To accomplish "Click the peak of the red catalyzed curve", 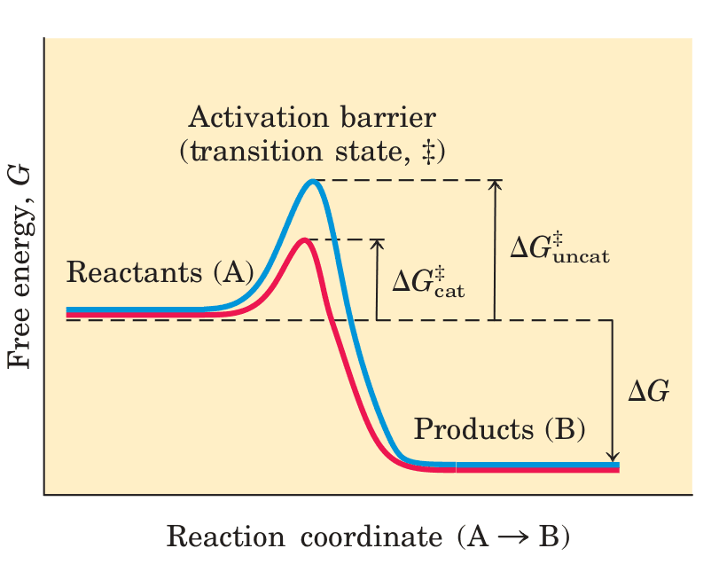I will (304, 239).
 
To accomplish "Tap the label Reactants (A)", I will (160, 272).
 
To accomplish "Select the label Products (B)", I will (500, 430).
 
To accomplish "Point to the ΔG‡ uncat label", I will (559, 247).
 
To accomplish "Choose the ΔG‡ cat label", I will (428, 279).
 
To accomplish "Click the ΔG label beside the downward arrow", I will (648, 391).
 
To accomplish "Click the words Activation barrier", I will (313, 118).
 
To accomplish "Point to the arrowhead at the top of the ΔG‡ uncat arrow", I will (496, 184).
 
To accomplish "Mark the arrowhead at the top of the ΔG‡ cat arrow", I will (378, 243).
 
